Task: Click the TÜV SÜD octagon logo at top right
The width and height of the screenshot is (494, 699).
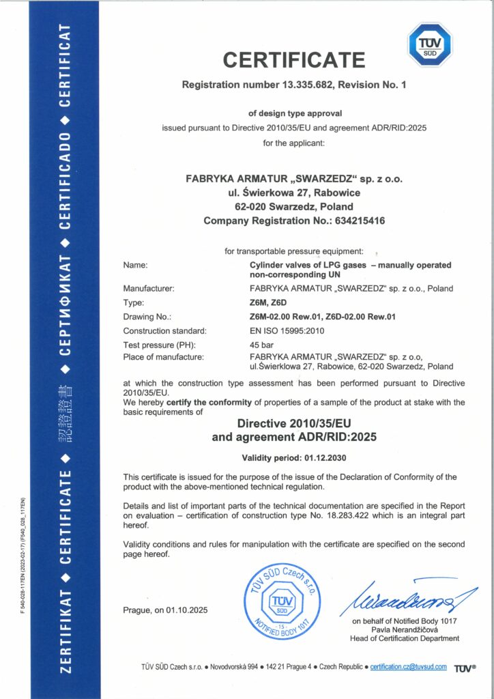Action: click(x=430, y=45)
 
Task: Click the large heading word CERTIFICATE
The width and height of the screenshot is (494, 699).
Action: click(x=294, y=60)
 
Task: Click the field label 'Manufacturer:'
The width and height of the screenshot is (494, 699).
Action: click(x=149, y=289)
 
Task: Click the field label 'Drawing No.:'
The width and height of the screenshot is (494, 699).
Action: click(x=147, y=317)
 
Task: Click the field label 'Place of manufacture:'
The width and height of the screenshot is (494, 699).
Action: click(x=164, y=357)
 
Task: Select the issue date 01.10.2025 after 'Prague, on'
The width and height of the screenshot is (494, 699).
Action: click(x=186, y=610)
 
